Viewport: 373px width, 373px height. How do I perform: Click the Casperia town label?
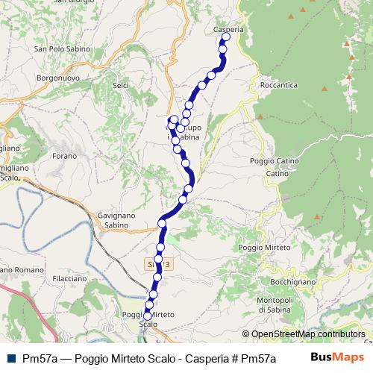pos(228,29)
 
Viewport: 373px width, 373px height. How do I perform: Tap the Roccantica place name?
pos(279,85)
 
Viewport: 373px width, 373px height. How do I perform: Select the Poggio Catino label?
pos(275,161)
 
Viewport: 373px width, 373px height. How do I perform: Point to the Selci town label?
pos(120,86)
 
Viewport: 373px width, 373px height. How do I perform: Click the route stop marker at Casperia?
pos(225,37)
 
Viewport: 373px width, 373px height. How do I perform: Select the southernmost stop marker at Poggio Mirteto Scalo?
pos(148,316)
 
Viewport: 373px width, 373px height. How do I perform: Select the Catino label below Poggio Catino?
pos(278,174)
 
